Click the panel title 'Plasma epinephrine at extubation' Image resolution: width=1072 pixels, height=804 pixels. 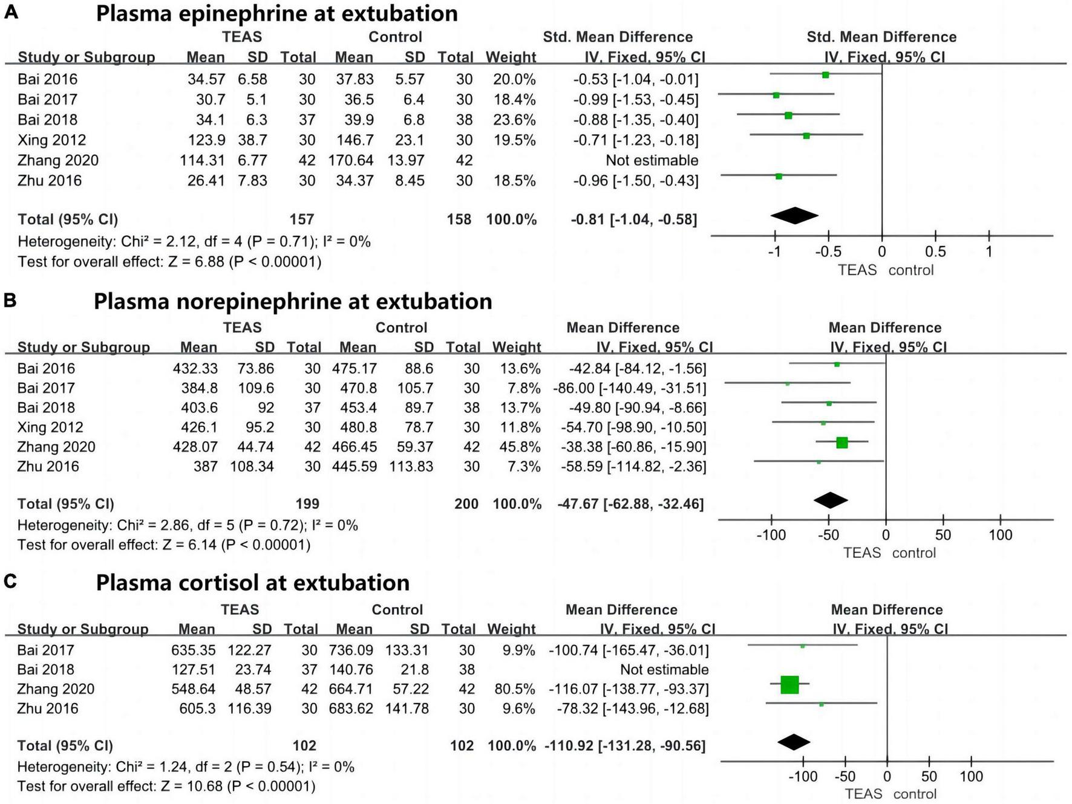coord(276,13)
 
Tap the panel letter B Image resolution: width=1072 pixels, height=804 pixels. coord(10,300)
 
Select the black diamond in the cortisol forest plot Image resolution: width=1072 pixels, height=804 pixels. coord(794,742)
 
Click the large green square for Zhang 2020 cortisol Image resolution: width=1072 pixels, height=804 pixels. coord(789,684)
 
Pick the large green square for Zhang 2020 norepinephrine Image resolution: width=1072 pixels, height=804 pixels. coord(842,443)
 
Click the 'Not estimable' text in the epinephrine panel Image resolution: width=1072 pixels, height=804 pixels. coord(652,160)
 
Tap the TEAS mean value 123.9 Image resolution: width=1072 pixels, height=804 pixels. coord(206,140)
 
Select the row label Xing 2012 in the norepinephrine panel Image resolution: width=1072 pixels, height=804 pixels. coord(50,427)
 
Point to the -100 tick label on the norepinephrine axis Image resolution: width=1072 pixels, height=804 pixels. coord(771,535)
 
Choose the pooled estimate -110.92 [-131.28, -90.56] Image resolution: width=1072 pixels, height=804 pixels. coord(625,745)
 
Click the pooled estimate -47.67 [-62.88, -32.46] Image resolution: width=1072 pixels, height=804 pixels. coord(630,504)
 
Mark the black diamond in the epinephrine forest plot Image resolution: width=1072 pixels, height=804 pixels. coord(794,216)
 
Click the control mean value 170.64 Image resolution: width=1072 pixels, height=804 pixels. coord(351,160)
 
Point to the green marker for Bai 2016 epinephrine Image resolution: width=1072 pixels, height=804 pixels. coord(825,75)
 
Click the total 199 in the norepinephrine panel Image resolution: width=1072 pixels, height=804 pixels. coord(307,504)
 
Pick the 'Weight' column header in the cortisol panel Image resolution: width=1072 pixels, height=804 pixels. coord(512,629)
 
